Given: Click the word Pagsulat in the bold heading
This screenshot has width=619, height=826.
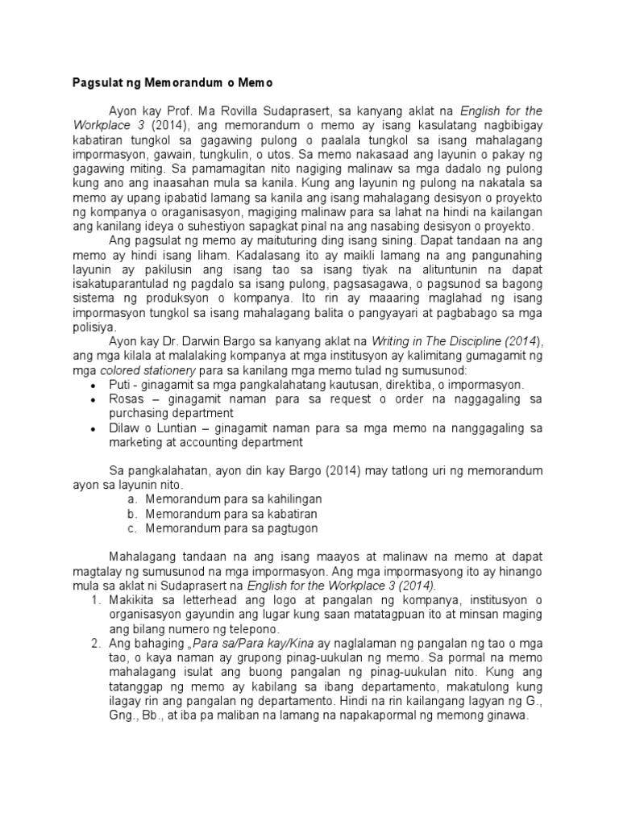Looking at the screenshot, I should tap(89, 83).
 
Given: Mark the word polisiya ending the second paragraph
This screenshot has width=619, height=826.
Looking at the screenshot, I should tap(93, 327).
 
